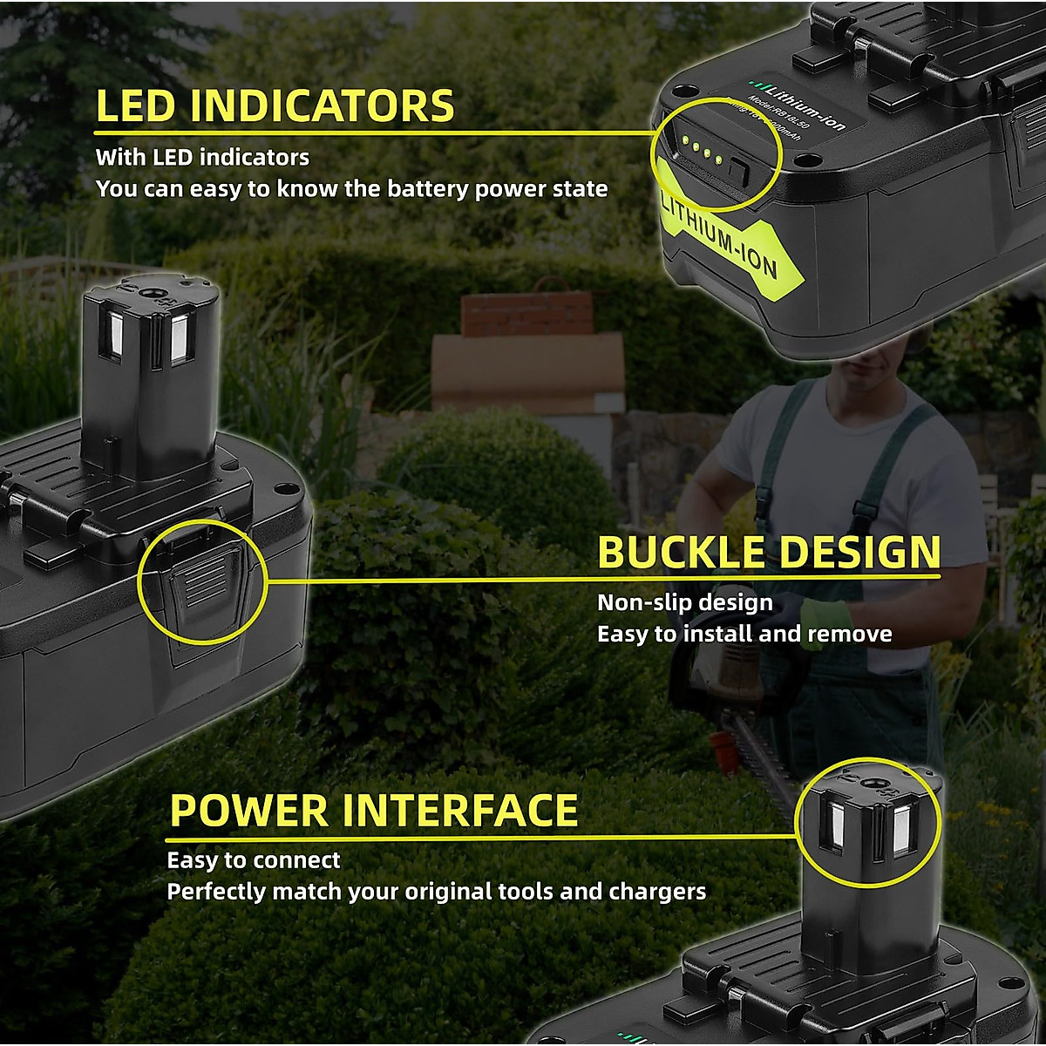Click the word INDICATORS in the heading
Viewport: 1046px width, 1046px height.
(x=323, y=106)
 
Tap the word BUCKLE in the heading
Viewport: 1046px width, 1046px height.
(x=680, y=553)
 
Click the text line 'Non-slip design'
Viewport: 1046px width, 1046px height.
(x=684, y=602)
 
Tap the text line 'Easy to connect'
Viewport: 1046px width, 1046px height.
(x=254, y=860)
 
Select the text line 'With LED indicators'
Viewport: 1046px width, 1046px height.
(x=202, y=158)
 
